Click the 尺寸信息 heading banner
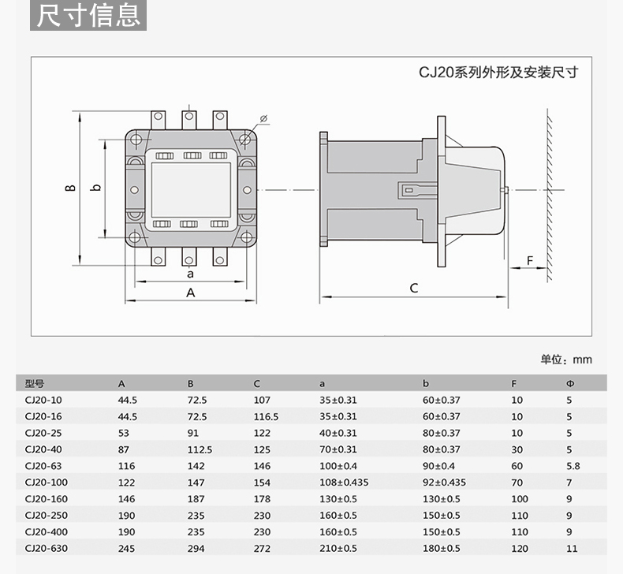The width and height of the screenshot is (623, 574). (x=89, y=15)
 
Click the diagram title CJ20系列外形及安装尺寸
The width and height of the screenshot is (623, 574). (x=498, y=73)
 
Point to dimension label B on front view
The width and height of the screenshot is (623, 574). (x=70, y=188)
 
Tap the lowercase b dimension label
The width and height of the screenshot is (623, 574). (x=95, y=188)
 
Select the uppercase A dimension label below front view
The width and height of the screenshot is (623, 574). (x=189, y=293)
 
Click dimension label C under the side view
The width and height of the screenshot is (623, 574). (x=414, y=288)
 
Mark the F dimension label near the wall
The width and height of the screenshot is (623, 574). (x=530, y=260)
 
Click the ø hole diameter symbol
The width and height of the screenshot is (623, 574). (x=263, y=118)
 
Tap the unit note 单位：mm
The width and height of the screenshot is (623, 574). (x=566, y=360)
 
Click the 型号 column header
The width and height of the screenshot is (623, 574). (x=34, y=384)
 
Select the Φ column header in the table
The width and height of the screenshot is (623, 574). (x=570, y=384)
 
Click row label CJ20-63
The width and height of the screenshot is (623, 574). (x=43, y=466)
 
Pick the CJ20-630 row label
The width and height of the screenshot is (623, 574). (x=46, y=549)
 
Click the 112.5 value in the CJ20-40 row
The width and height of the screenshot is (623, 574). (x=200, y=449)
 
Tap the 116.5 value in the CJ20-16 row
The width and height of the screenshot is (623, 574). (x=266, y=416)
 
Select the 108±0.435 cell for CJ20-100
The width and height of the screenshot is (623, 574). (x=344, y=483)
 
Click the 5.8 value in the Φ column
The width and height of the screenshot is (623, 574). (x=573, y=466)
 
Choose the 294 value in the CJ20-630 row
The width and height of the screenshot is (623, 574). (x=195, y=549)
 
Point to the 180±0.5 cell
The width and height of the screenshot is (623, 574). (x=441, y=549)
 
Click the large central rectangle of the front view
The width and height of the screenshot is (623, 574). (x=190, y=188)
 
